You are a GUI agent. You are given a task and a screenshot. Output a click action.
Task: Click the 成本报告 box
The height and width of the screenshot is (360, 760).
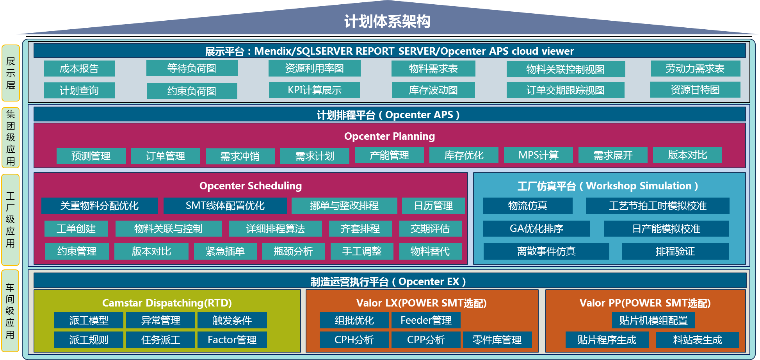(x=79, y=69)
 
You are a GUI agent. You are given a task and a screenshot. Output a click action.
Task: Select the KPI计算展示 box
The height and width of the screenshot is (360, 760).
(x=314, y=90)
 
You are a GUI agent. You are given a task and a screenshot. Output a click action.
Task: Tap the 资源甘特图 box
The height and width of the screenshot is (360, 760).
(x=695, y=90)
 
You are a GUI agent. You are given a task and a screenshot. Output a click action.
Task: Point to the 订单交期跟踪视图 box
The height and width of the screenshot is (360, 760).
(x=565, y=90)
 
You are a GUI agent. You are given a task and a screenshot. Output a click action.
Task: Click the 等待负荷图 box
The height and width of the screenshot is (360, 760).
(x=192, y=68)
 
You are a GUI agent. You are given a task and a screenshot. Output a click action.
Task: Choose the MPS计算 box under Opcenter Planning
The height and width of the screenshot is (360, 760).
(x=538, y=155)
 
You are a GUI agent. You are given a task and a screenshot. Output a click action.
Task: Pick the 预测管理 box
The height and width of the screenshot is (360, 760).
(x=91, y=156)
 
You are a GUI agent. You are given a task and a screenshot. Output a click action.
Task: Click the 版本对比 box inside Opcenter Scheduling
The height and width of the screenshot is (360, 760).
(x=151, y=251)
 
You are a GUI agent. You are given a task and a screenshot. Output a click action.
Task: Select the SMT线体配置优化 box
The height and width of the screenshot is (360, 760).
(x=225, y=206)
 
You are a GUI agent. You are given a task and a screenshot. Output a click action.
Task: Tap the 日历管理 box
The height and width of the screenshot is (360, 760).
(x=433, y=206)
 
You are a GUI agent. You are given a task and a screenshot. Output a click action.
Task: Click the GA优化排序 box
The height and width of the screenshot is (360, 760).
(x=536, y=229)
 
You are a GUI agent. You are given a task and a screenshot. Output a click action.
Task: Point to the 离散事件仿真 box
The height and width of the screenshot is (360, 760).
(x=546, y=251)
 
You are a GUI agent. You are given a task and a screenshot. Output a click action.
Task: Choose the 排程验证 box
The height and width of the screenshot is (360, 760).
(x=675, y=251)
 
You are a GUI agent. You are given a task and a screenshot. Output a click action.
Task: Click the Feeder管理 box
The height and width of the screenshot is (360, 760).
(x=426, y=321)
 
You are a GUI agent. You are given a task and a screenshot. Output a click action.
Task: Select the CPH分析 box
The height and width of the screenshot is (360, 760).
(x=354, y=340)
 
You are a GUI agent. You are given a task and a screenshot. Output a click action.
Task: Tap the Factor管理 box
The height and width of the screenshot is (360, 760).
(x=232, y=340)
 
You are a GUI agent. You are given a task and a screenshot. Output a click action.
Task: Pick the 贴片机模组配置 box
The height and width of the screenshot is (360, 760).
(x=653, y=321)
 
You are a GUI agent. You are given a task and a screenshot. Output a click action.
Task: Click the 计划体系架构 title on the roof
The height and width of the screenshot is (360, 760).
(x=387, y=21)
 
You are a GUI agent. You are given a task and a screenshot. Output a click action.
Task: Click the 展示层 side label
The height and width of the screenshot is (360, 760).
(x=11, y=73)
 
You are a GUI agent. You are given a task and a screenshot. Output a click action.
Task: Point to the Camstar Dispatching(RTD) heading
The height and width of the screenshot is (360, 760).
(x=167, y=303)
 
